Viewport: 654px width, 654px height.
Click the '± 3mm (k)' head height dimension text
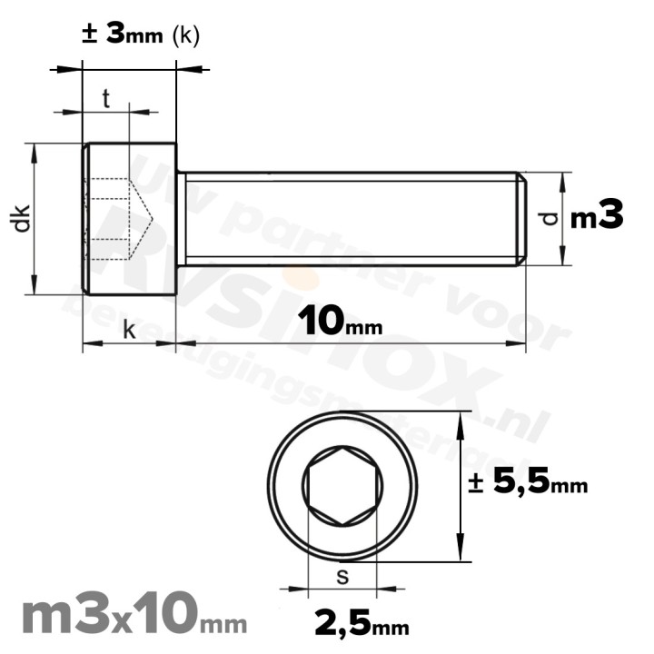pos(140,35)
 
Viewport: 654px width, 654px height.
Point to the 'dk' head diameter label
pos(23,218)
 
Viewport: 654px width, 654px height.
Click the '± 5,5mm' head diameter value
pos(528,483)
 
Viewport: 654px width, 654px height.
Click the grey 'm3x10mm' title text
pos(133,617)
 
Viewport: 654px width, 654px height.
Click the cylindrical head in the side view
pos(129,218)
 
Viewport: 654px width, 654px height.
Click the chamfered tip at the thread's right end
pos(521,218)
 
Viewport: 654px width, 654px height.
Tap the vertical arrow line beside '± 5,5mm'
pos(464,487)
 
